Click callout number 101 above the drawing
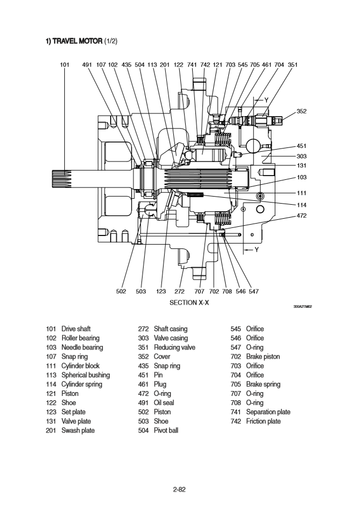65,65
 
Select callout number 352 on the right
302,111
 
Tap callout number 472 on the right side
302,216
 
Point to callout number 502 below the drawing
121,292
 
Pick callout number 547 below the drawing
253,292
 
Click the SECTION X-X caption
189,303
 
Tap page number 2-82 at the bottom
180,490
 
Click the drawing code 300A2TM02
303,306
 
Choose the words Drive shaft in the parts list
76,329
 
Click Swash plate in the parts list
77,430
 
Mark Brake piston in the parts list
263,356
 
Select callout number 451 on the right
302,146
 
